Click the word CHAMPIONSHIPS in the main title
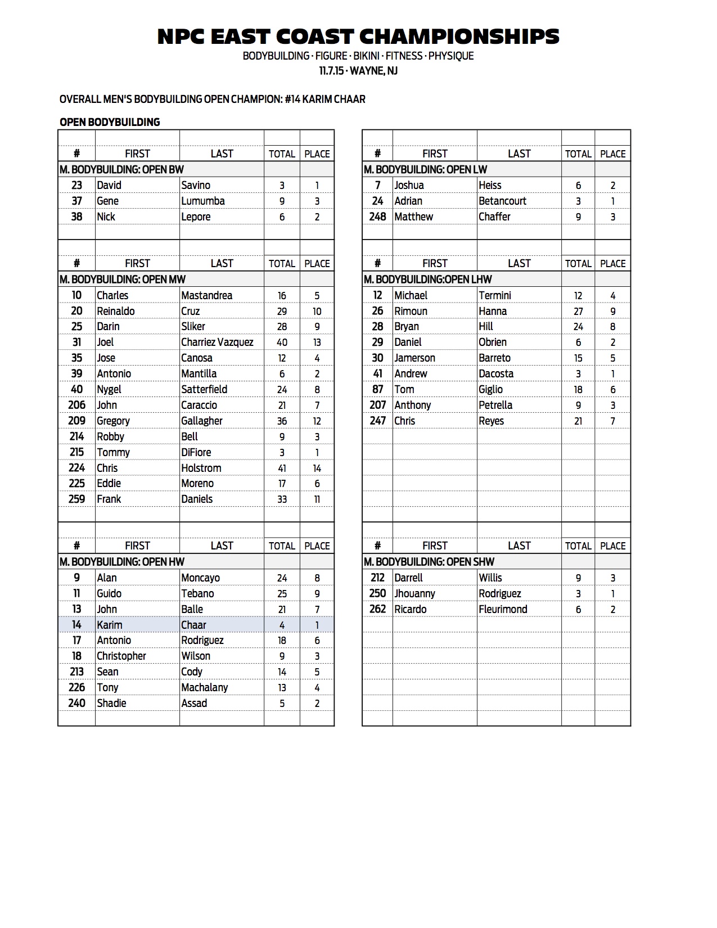pos(459,37)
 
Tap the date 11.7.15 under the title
pos(331,71)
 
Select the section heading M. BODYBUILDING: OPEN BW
pos(122,169)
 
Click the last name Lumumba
pos(202,201)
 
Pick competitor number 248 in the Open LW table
pos(377,217)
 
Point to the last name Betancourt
pos(502,201)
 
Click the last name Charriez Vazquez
pos(217,342)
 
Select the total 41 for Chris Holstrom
pos(282,468)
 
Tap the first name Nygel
pos(109,389)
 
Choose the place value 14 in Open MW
pos(317,468)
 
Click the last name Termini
pos(495,295)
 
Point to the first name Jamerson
pos(414,358)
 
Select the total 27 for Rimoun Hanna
pos(578,311)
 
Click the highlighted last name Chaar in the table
pos(193,625)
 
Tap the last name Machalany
pos(205,687)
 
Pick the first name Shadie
pos(111,703)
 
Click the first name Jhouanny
pos(414,593)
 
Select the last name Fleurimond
pos(503,609)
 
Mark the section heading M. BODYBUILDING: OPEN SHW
pos(429,561)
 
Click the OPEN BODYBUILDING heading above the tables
pos(110,122)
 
